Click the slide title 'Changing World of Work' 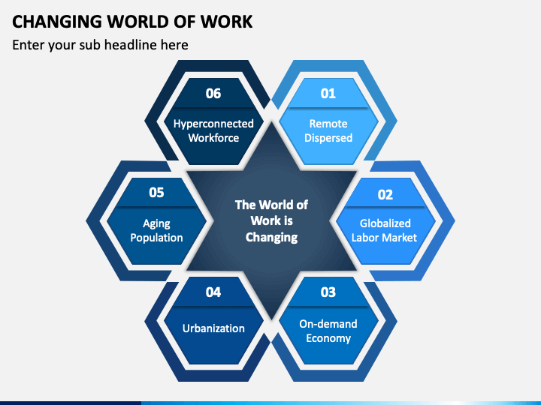click(x=132, y=21)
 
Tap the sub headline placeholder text click(x=100, y=45)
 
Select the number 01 click(x=328, y=94)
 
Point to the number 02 click(x=385, y=194)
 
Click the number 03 click(x=328, y=292)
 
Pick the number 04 click(x=213, y=292)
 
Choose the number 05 click(x=156, y=193)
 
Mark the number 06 click(x=213, y=94)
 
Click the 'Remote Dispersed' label click(x=328, y=130)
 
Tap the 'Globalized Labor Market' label click(x=385, y=230)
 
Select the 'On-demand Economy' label click(x=328, y=331)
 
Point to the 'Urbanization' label click(x=213, y=328)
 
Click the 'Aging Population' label click(x=156, y=230)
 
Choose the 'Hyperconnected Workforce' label click(x=213, y=130)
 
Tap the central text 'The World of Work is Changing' click(x=271, y=220)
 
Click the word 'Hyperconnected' click(x=213, y=124)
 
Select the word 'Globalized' click(x=385, y=223)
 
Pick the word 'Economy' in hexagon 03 click(x=328, y=338)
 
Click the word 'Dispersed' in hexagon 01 click(x=328, y=138)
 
